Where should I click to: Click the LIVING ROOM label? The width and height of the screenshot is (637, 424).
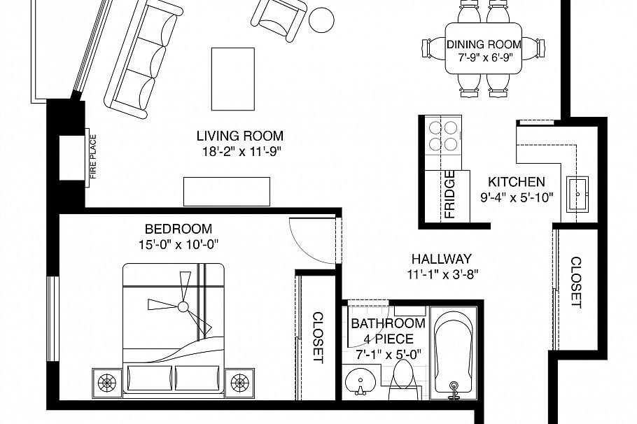point(239,136)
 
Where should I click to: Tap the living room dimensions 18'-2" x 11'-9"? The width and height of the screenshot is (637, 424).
point(239,150)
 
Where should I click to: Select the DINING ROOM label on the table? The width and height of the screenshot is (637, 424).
point(484,45)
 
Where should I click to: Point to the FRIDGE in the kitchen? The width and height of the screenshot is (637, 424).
point(449,195)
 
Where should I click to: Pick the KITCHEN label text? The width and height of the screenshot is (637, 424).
point(517,181)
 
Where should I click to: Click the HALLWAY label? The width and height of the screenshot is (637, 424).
point(441,258)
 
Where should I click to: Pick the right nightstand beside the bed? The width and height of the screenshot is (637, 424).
point(239,382)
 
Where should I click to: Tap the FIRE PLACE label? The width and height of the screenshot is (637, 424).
point(92,157)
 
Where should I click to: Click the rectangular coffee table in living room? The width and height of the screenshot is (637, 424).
point(233,78)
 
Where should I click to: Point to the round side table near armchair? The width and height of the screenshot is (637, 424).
point(323,20)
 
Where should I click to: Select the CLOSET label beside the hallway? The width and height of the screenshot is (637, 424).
point(576,283)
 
